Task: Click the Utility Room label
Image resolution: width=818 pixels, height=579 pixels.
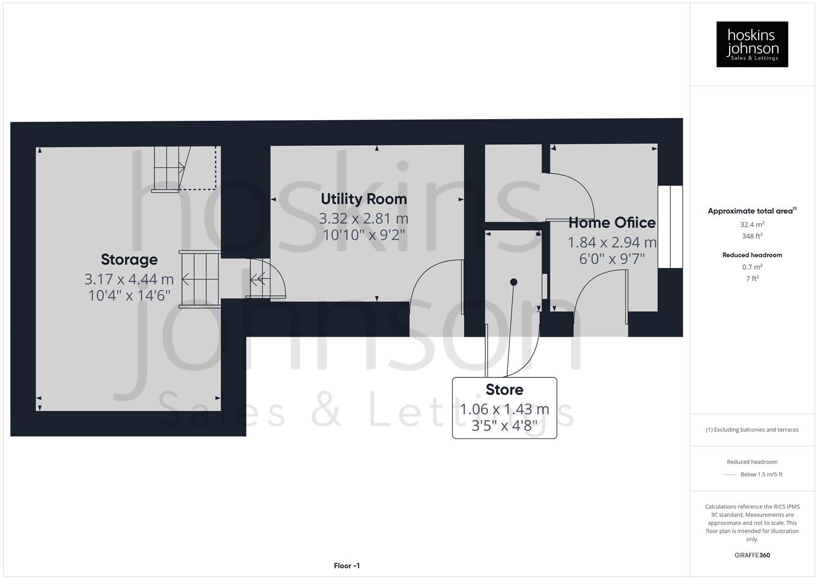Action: [364, 199]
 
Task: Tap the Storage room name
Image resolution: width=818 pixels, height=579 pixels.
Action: [129, 259]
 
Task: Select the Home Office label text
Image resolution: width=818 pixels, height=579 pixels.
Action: [612, 222]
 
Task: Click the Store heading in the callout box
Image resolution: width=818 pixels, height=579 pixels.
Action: [504, 389]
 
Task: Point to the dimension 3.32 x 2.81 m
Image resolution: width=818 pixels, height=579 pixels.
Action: [364, 219]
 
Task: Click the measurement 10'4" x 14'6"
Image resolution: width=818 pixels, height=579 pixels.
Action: [129, 295]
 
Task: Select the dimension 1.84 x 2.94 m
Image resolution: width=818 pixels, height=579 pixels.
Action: [612, 243]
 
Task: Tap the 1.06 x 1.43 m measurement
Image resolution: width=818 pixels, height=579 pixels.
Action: [504, 409]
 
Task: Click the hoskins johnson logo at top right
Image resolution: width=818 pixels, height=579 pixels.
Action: [752, 44]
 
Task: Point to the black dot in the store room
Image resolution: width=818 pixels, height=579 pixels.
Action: [513, 282]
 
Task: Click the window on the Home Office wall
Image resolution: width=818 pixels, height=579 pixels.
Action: [670, 227]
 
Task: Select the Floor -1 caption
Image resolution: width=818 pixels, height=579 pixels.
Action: [347, 566]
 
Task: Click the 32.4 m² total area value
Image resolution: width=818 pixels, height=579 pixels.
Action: [752, 225]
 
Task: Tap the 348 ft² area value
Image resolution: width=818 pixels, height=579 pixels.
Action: [752, 236]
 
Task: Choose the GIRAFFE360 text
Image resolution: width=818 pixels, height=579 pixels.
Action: [752, 555]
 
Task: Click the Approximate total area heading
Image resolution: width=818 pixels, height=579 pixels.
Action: [752, 211]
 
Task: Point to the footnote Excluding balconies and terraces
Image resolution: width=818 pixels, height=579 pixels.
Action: [752, 429]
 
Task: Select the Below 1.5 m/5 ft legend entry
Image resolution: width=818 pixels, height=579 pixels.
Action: [761, 474]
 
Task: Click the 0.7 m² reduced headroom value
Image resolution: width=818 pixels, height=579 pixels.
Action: [752, 267]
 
